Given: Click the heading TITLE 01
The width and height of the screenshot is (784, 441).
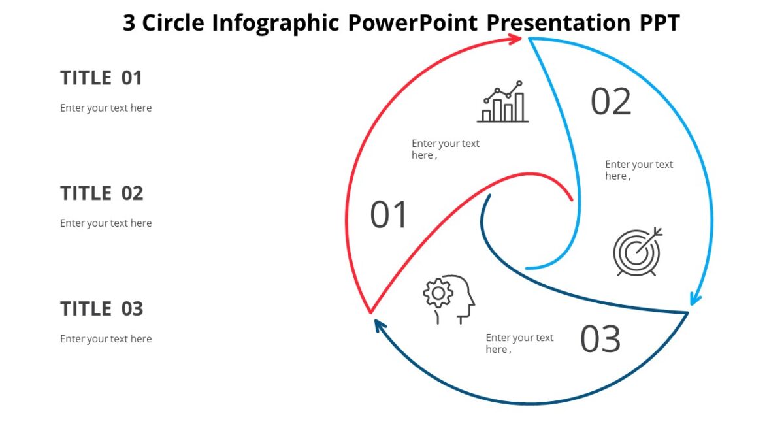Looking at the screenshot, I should click(x=101, y=78).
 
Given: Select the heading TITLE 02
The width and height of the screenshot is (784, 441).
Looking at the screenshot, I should click(x=101, y=193).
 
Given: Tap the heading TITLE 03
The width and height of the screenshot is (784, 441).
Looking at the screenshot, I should click(x=101, y=308).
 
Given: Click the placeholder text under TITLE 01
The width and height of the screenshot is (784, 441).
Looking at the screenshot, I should click(x=106, y=108).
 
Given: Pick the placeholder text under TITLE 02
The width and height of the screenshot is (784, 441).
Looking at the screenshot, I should click(x=106, y=223).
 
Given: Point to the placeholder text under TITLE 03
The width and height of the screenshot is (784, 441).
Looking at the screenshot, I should click(x=106, y=338).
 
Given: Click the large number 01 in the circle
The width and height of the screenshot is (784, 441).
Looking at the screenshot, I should click(x=389, y=216).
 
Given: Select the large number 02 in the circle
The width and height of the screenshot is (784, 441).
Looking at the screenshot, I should click(x=611, y=102).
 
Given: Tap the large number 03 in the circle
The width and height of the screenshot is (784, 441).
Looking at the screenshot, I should click(x=600, y=339).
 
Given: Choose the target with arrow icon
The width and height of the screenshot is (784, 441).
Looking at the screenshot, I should click(x=637, y=252).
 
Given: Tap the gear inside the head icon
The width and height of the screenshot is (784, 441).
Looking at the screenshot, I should click(x=438, y=293).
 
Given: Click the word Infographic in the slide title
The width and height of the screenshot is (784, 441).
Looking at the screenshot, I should click(x=275, y=23).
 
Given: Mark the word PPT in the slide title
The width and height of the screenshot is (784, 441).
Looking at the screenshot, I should click(x=659, y=23).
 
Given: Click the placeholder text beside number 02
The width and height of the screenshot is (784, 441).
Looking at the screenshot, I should click(x=638, y=170).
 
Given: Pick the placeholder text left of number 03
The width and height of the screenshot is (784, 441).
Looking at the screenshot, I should click(x=519, y=343).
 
